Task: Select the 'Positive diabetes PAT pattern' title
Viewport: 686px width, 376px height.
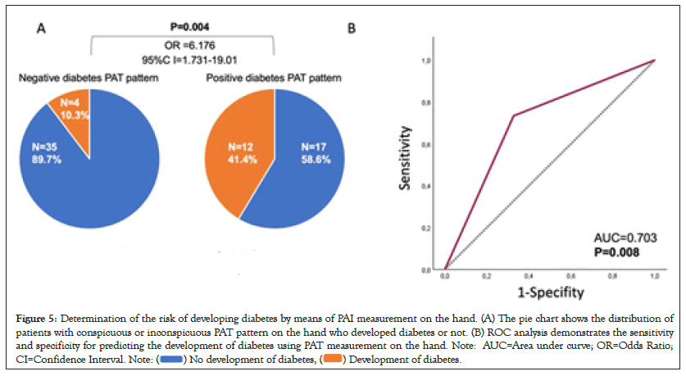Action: click(273, 78)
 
